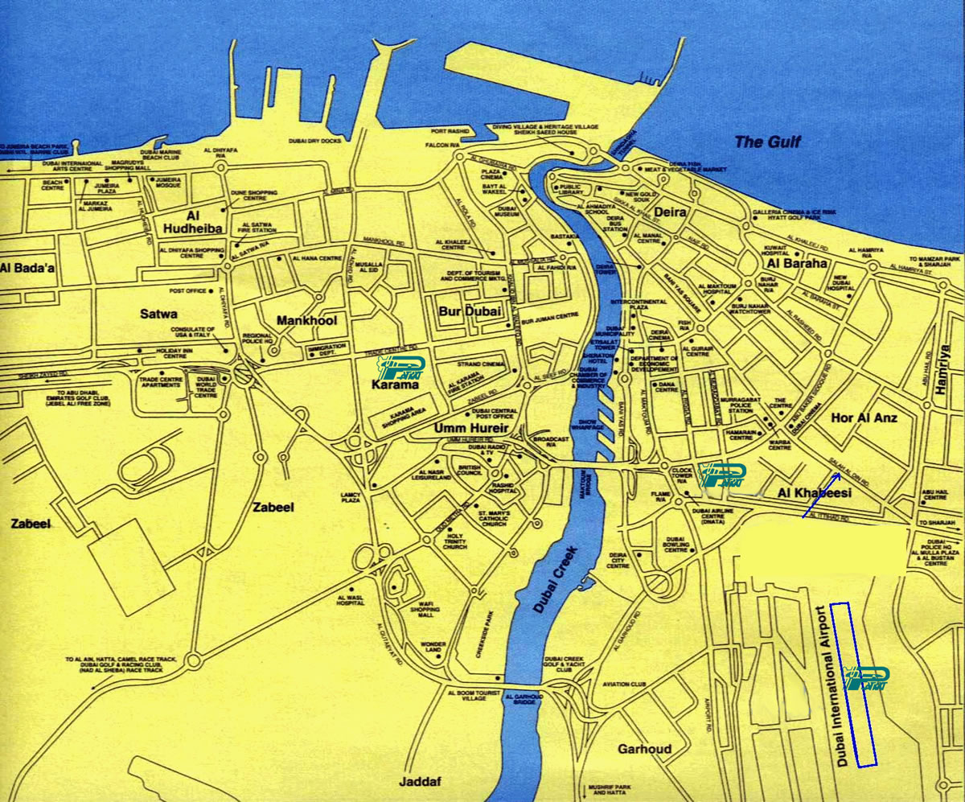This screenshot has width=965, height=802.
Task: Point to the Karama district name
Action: pyautogui.click(x=395, y=385)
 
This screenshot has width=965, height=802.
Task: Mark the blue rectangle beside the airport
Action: pyautogui.click(x=853, y=684)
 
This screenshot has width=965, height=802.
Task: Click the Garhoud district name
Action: pyautogui.click(x=644, y=749)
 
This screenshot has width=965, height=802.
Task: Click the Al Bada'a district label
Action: pyautogui.click(x=27, y=268)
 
